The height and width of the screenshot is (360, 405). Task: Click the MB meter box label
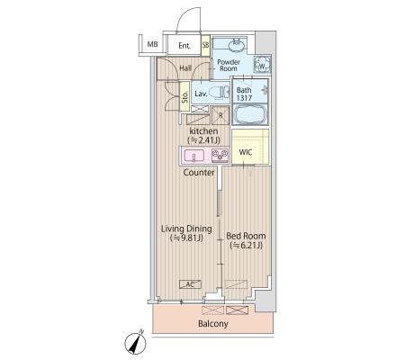(152, 45)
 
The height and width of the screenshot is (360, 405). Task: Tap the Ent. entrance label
(184, 46)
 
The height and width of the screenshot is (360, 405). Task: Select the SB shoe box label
(205, 46)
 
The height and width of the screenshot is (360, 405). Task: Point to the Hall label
(185, 68)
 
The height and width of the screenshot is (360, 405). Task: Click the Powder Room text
(229, 65)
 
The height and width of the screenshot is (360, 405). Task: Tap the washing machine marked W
(262, 65)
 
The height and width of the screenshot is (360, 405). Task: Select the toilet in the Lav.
(219, 93)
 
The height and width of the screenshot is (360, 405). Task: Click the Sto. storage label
(184, 97)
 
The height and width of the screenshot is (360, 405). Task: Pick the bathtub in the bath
(249, 114)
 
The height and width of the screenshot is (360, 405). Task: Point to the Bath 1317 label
(244, 94)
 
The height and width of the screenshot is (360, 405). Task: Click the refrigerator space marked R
(220, 115)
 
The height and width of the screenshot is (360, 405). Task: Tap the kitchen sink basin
(194, 156)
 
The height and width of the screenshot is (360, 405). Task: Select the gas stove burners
(220, 156)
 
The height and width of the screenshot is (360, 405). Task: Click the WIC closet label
(246, 152)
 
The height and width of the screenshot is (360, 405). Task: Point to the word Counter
(199, 173)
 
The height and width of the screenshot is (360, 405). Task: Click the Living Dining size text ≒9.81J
(186, 238)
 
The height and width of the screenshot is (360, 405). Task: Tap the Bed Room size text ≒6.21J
(246, 246)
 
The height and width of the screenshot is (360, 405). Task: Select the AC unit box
(190, 284)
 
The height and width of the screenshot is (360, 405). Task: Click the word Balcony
(213, 324)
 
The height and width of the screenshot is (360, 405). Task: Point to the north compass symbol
(136, 342)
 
